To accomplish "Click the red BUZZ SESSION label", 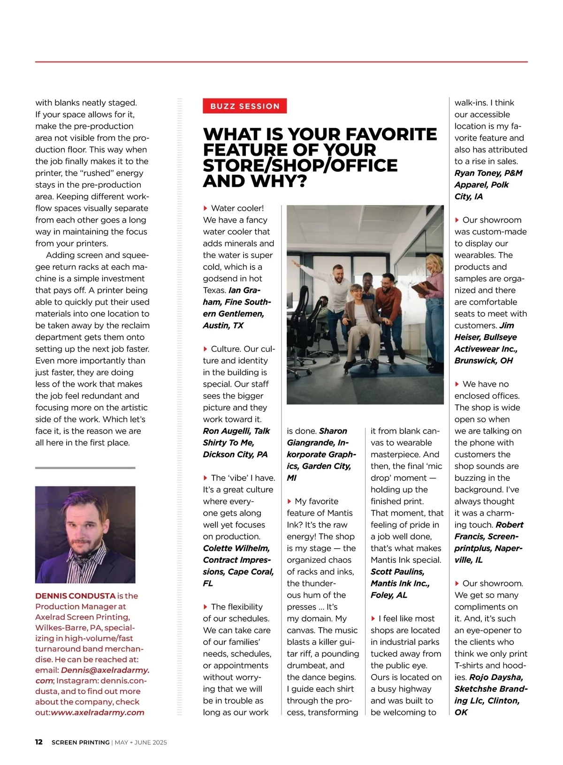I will [244, 106].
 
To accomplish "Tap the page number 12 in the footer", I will [39, 742].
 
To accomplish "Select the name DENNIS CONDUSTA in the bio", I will [75, 596].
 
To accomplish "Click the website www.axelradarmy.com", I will [98, 712].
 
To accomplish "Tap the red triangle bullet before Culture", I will [205, 349].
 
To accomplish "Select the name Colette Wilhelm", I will [236, 548].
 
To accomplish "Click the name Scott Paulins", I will [397, 572].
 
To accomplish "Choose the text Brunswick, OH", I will [483, 361].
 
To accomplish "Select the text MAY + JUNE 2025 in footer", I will [141, 742].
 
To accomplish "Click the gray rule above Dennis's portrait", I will [85, 468].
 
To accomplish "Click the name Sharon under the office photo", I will [333, 431].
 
